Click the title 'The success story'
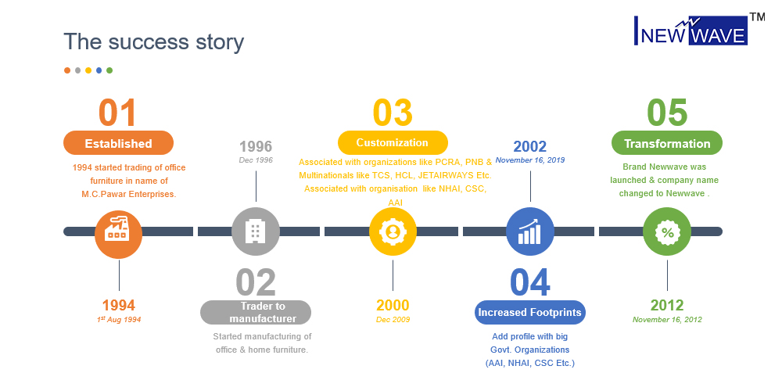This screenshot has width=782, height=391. [x=153, y=41]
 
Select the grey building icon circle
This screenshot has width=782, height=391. [x=256, y=231]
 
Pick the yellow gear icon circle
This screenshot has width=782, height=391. [x=393, y=231]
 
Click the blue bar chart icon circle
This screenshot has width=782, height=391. [x=530, y=231]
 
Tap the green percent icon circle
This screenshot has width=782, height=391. [x=667, y=231]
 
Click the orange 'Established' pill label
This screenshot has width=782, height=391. [x=118, y=143]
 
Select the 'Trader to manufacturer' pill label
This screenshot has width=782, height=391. [x=256, y=313]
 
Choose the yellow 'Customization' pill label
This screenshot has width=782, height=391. [x=393, y=143]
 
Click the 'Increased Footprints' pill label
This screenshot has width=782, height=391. [x=530, y=313]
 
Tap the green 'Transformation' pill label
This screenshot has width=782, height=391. [x=667, y=143]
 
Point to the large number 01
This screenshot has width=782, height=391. [x=118, y=113]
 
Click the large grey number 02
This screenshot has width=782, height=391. [x=256, y=282]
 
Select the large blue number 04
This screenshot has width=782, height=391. [x=530, y=282]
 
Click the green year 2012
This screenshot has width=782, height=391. [x=667, y=305]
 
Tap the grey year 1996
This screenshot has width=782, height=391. [x=256, y=147]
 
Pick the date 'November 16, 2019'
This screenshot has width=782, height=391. [x=530, y=160]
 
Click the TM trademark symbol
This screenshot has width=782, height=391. [x=757, y=17]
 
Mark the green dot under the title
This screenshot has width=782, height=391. [x=109, y=70]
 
